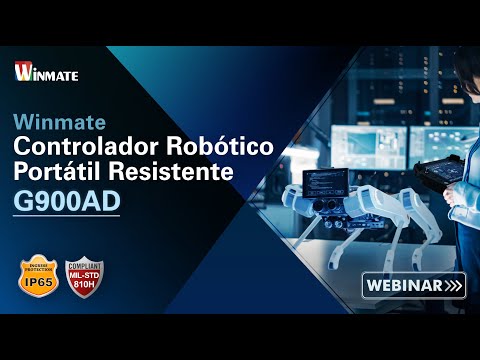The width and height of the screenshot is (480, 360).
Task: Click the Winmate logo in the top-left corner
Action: tap(47, 72)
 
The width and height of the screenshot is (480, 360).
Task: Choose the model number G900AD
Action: tap(67, 201)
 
